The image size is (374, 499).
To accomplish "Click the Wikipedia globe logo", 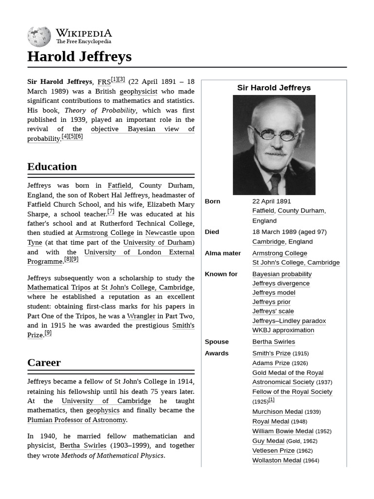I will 39,37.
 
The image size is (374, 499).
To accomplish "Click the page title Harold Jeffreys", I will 79,57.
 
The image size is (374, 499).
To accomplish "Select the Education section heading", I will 52,167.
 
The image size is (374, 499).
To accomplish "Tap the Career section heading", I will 44,363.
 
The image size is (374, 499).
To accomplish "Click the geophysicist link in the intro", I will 138,91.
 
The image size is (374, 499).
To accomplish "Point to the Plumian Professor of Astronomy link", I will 76,420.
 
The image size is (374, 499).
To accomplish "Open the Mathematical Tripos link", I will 59,288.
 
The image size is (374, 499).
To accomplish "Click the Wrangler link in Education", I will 141,316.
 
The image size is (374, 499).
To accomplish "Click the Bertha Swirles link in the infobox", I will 274,342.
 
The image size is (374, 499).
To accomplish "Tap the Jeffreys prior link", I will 271,302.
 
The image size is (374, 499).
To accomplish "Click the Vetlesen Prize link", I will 273,451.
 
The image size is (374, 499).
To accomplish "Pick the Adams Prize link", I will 271,363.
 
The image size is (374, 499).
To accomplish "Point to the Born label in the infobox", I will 212,201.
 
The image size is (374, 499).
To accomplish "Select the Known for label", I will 221,274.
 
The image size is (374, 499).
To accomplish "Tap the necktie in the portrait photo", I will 275,183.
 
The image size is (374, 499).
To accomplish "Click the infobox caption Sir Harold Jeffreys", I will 274,88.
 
